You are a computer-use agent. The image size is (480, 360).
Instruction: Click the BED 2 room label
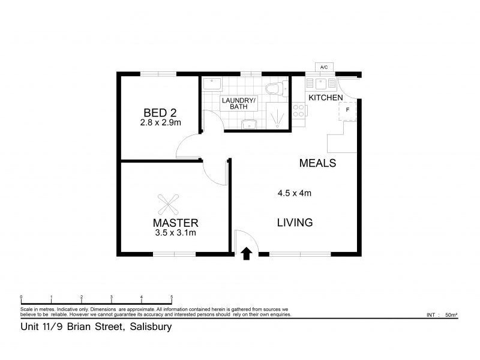point(160,113)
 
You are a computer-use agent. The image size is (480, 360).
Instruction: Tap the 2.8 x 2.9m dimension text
point(160,122)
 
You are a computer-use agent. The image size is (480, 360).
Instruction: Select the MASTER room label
point(175,223)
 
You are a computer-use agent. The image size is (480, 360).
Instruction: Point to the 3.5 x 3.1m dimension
point(175,233)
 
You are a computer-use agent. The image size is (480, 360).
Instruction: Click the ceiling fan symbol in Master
point(169,204)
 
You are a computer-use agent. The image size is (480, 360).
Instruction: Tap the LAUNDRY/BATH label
point(238,103)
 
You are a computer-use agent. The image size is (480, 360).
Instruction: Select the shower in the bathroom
point(277,116)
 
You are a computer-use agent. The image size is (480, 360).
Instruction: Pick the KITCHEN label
point(325,98)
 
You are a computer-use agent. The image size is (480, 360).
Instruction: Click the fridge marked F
point(347,112)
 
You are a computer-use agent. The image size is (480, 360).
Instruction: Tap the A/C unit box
point(324,67)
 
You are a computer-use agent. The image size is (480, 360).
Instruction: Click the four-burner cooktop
point(299,110)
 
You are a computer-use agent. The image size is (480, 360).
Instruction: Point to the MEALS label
point(317,163)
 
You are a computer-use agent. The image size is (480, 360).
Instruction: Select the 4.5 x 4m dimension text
point(294,193)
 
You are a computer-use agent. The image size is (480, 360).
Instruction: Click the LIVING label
point(295,222)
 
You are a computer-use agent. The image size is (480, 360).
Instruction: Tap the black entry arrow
point(247,254)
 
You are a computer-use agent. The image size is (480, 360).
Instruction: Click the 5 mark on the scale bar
point(172,297)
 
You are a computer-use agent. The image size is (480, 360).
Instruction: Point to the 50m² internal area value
point(451,314)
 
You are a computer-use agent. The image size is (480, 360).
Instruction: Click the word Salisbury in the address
point(151,327)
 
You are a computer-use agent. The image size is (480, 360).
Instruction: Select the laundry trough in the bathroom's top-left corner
point(212,85)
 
